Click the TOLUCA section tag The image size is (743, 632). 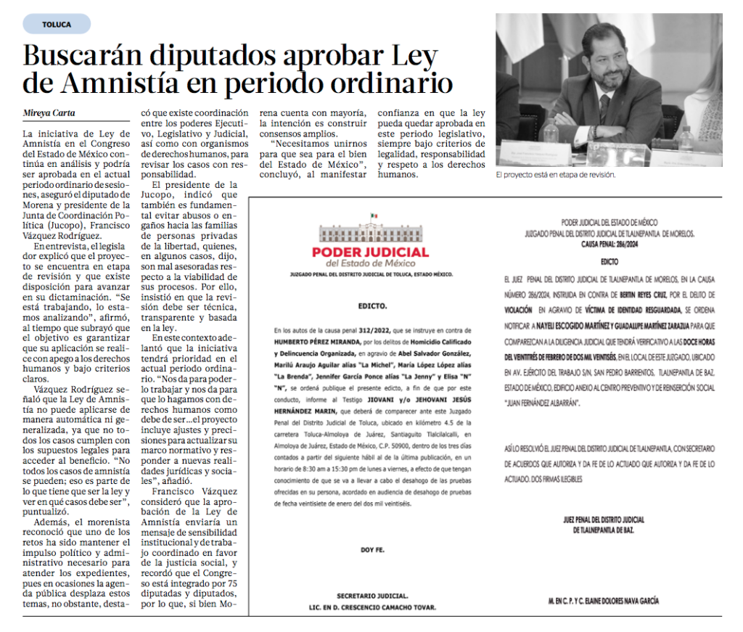pyautogui.click(x=57, y=25)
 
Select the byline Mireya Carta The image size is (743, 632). pyautogui.click(x=49, y=113)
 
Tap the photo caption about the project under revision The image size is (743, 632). pyautogui.click(x=556, y=176)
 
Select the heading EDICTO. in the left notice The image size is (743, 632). pyautogui.click(x=372, y=306)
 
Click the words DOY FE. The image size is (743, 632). pyautogui.click(x=372, y=549)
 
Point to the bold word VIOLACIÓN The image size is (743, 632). pyautogui.click(x=524, y=308)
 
